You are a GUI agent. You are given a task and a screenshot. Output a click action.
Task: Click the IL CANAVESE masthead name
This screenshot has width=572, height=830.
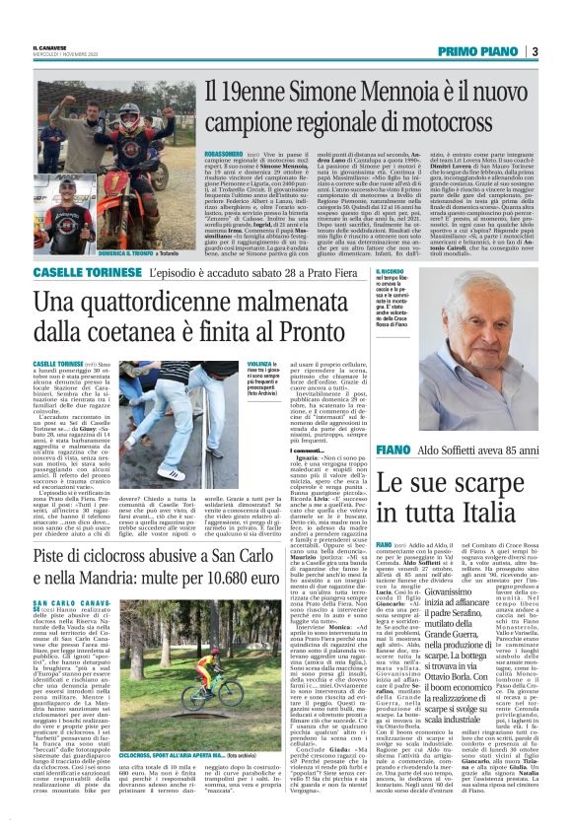pyautogui.click(x=48, y=46)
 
